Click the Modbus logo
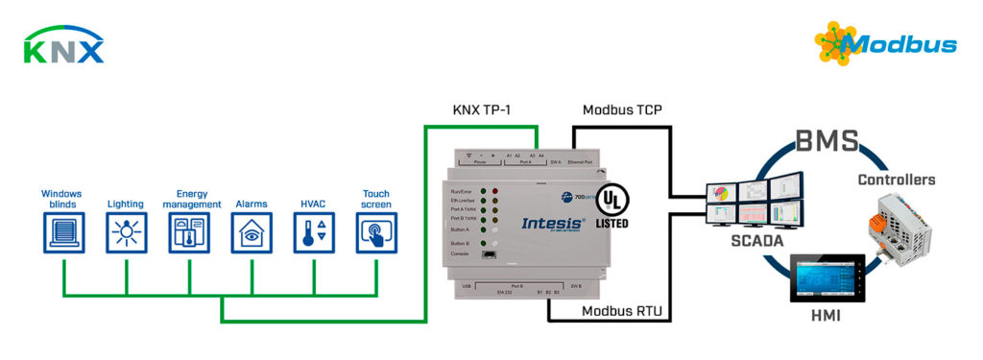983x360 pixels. coord(885,42)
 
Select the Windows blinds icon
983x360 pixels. coord(64,231)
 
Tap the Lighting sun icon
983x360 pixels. coord(126,231)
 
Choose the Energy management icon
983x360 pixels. coord(188,231)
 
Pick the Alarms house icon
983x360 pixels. coord(251,231)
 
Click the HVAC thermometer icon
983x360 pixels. coord(314,231)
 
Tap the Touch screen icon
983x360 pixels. coord(376,231)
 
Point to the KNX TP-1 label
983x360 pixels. coord(482,110)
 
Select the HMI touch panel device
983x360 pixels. coord(825,284)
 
